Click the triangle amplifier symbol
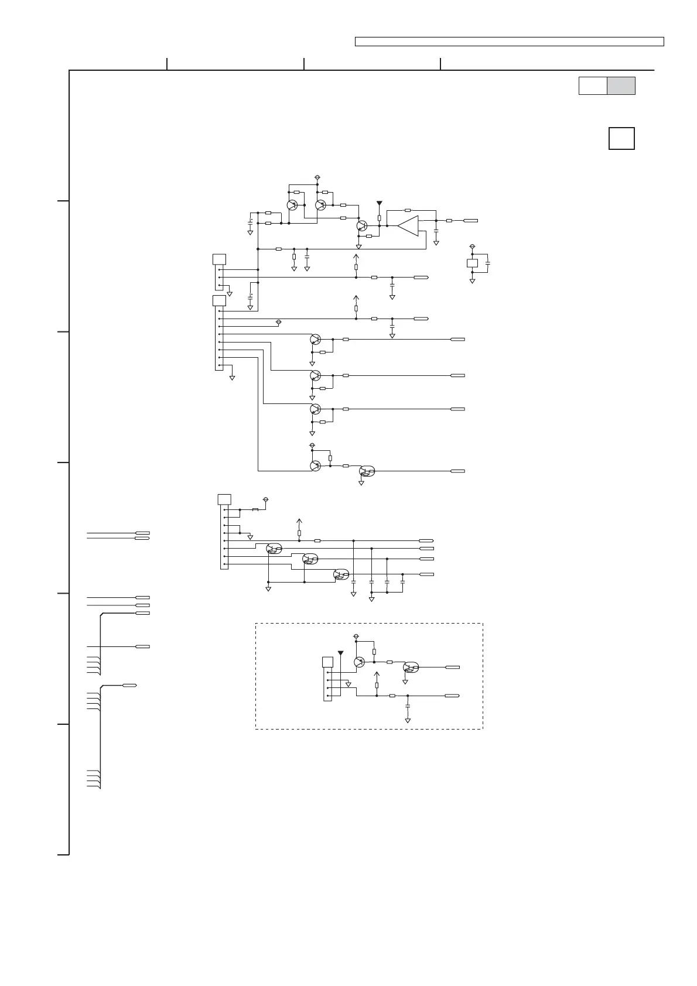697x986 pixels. (409, 225)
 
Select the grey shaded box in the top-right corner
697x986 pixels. (621, 85)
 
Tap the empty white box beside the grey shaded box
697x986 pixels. (593, 85)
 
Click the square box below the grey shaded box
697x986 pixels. (621, 139)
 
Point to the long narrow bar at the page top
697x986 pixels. (509, 42)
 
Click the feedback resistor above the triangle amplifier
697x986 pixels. (408, 210)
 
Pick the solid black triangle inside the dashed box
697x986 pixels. (340, 653)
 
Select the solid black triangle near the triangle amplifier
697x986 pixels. (380, 203)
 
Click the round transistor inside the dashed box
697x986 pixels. (360, 662)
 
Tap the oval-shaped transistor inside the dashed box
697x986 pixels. (411, 667)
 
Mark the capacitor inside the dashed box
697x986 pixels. (408, 707)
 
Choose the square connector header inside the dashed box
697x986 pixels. (328, 662)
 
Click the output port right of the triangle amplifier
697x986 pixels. (471, 221)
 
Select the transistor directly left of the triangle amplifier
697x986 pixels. (361, 225)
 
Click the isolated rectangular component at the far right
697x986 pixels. (473, 263)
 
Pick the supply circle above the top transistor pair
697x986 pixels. (317, 177)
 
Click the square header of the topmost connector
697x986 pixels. (219, 259)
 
